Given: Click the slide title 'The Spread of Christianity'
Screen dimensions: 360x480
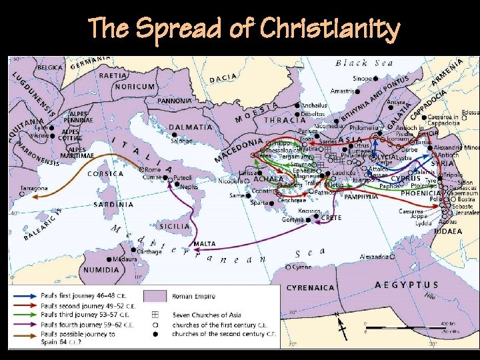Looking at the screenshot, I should pos(244,29).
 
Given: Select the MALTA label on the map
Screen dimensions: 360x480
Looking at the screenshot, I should pos(204,245).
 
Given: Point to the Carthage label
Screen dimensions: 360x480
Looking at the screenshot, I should pos(149,251).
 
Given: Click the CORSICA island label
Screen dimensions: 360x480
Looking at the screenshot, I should pos(106,174).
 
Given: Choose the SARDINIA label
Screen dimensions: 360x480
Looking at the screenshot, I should pos(114,205).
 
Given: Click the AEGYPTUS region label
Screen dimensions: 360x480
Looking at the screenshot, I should pos(407,285).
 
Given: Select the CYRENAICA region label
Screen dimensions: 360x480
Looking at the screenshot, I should pos(310,288).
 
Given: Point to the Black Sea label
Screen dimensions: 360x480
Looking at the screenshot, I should pos(365,63).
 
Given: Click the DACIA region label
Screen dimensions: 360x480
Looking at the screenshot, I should pos(223,79).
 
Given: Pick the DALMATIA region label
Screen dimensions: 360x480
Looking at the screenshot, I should pos(191,127).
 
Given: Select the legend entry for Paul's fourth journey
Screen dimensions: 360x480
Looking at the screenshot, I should pos(76,324).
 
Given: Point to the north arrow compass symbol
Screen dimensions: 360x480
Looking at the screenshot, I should pos(342,325).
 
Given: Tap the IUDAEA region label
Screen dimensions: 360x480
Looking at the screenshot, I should pos(448,231).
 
